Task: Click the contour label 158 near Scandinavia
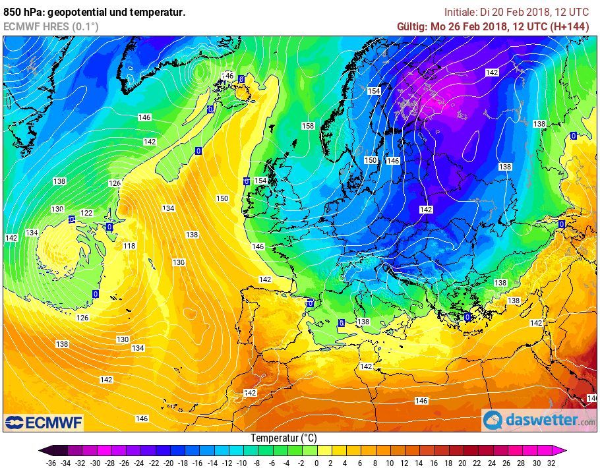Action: click(x=308, y=126)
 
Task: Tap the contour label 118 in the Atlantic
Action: click(x=129, y=246)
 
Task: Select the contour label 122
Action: click(x=86, y=213)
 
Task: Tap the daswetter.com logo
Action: click(x=539, y=420)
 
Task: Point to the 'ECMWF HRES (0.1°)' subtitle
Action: click(x=51, y=26)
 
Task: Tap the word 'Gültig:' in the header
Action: click(x=412, y=26)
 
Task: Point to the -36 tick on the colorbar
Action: click(x=51, y=462)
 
